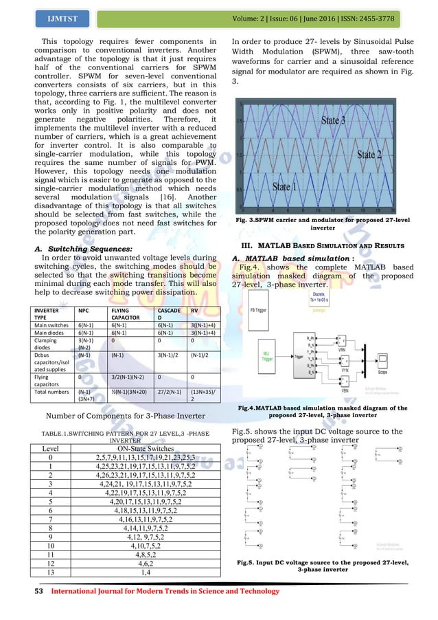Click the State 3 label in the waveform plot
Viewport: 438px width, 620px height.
pos(339,120)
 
